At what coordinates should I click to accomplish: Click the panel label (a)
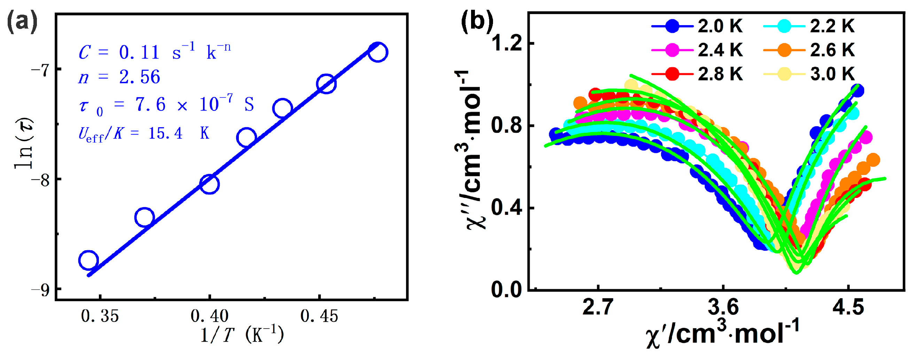point(22,22)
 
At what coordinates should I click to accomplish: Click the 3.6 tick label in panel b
point(723,307)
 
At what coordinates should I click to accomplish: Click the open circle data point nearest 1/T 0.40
point(209,184)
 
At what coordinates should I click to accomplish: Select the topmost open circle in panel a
point(377,52)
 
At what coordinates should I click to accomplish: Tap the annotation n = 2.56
point(119,77)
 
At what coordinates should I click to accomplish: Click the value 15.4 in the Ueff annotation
point(165,133)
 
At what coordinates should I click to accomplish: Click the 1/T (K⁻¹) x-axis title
point(242,335)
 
